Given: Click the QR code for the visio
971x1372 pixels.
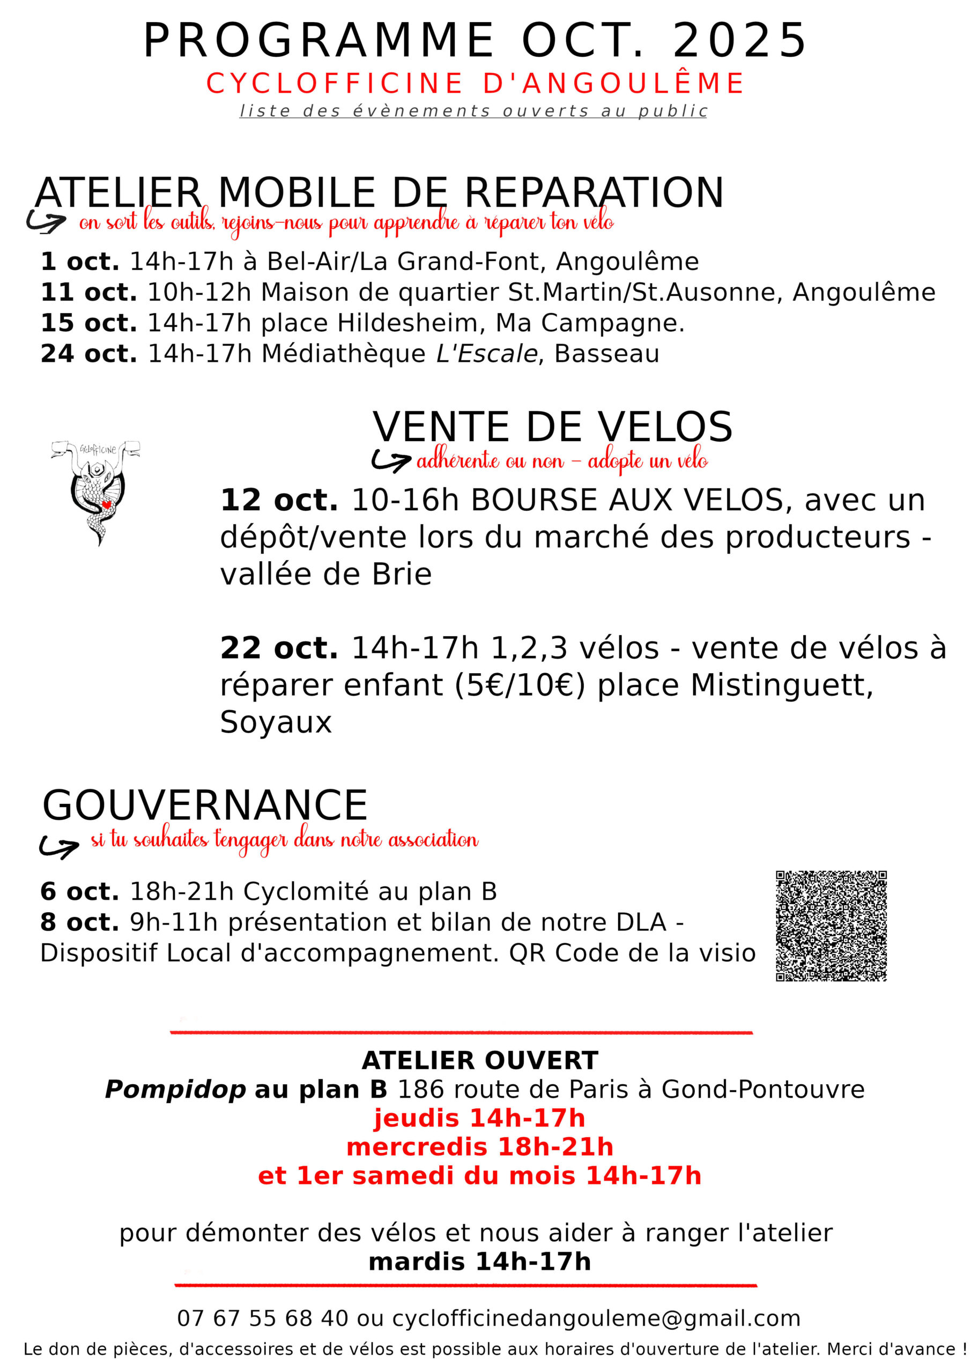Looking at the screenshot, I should (x=831, y=926).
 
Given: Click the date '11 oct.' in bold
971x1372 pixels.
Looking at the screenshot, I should (x=88, y=292).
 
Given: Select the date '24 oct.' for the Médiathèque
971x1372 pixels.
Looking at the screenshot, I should (x=88, y=353).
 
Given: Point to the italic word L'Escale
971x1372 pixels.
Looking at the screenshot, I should (x=487, y=353).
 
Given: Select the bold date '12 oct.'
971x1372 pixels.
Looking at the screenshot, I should (x=279, y=499).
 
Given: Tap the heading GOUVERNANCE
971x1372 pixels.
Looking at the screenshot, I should (x=204, y=805).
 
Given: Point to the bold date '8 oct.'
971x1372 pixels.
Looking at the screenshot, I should (x=79, y=922).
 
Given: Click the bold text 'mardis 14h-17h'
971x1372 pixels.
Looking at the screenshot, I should (x=479, y=1262).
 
